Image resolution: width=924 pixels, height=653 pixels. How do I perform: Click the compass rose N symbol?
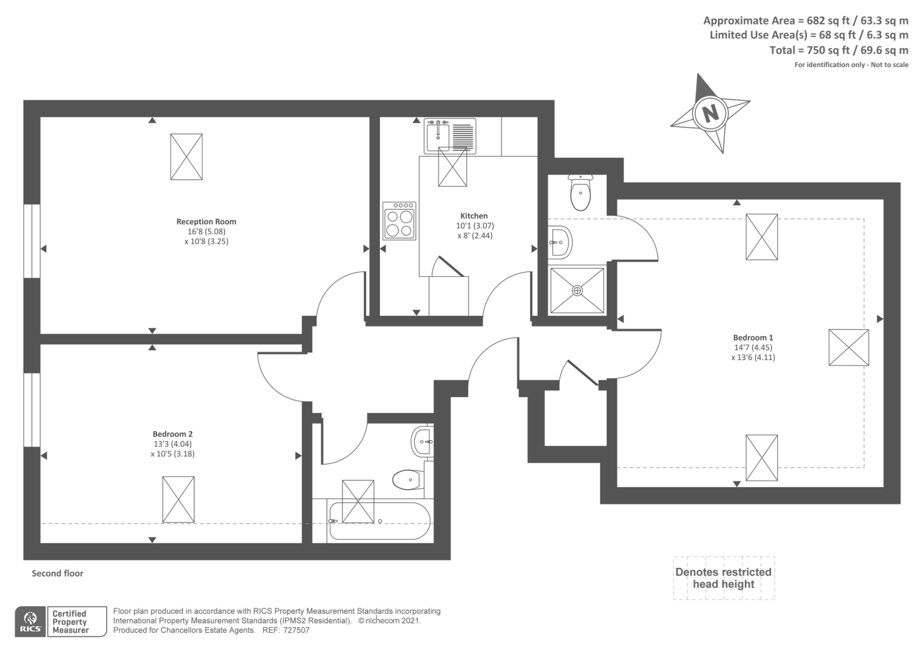(710, 113)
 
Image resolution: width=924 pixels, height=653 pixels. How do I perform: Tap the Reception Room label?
(206, 221)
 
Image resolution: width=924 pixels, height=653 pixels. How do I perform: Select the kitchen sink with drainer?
(450, 136)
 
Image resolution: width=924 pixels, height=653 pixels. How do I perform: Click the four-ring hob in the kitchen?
(399, 221)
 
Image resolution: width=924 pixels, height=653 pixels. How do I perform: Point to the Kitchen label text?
(474, 216)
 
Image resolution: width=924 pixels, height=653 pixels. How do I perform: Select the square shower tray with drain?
(577, 291)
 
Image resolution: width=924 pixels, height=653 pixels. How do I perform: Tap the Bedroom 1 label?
(752, 337)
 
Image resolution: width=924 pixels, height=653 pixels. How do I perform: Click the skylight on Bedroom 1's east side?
(848, 347)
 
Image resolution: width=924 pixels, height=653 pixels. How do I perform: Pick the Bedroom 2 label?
(173, 434)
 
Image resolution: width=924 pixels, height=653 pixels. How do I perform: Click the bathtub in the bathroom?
(378, 521)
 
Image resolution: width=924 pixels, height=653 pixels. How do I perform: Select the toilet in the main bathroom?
(408, 479)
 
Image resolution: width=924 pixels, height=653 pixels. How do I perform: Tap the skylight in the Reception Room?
(187, 157)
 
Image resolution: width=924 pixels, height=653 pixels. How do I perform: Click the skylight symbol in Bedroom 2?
(178, 499)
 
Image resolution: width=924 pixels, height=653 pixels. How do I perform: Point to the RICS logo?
(30, 621)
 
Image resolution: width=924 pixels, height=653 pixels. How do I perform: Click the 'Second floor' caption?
(57, 573)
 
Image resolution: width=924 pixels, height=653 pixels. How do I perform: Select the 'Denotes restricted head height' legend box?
(724, 578)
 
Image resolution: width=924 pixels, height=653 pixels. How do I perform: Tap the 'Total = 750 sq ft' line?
(839, 50)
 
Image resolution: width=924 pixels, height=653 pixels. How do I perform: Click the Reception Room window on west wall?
(32, 241)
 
